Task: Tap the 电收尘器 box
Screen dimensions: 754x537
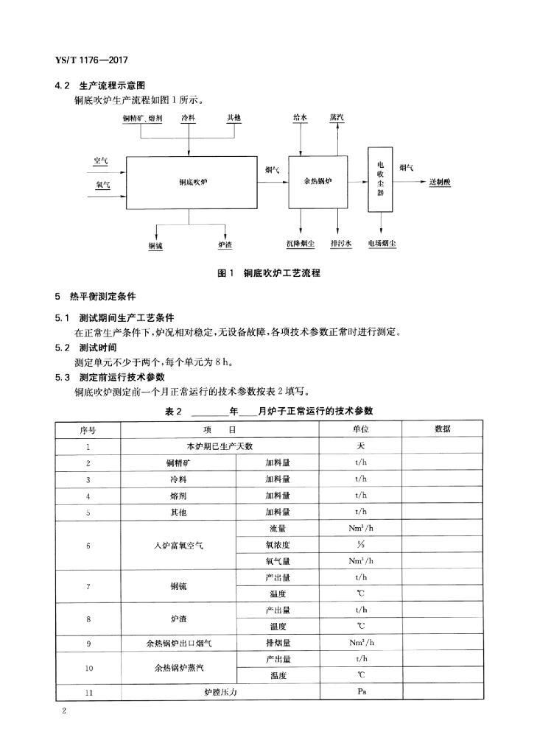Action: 380,180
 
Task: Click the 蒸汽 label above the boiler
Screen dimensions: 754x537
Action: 337,117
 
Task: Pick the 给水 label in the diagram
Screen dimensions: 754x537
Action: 300,117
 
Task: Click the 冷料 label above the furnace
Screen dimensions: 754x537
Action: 189,117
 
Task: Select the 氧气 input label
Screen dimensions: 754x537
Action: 102,185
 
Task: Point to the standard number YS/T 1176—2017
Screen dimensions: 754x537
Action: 92,59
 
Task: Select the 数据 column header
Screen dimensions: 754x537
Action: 443,429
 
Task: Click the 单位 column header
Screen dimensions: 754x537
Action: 361,429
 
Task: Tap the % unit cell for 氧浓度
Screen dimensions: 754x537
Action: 361,545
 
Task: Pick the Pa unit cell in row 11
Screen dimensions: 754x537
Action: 361,692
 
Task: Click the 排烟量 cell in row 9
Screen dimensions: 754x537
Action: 278,643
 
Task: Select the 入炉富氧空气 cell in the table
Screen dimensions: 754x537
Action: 178,545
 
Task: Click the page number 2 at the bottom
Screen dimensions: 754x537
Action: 66,711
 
